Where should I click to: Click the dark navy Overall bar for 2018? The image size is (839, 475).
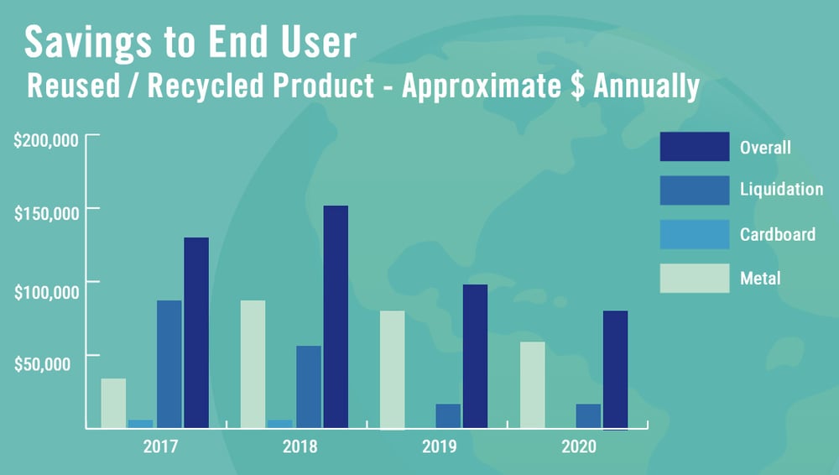[336, 316]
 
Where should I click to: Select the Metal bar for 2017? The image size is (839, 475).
[113, 403]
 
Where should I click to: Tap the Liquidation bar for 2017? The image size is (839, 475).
[169, 364]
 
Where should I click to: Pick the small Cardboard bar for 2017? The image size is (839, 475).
[141, 424]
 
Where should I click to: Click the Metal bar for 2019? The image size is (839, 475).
[392, 369]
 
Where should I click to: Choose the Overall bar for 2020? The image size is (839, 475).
[615, 369]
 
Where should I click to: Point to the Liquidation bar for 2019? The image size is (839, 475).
[448, 416]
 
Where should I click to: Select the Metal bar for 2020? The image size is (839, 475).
[533, 385]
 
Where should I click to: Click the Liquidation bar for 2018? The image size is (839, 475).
[309, 387]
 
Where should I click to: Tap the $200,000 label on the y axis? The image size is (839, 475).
[46, 141]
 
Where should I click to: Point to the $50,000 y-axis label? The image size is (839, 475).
[42, 364]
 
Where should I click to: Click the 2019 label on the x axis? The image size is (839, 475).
[440, 446]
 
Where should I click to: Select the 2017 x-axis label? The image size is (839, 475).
[160, 446]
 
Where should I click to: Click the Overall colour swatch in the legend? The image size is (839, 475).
[695, 146]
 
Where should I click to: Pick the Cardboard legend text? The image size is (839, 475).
[778, 234]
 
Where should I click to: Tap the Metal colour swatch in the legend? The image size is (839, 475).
[695, 278]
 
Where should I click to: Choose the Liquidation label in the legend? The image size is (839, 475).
[781, 189]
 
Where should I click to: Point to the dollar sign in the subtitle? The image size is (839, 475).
[577, 86]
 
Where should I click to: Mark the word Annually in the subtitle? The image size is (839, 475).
[646, 86]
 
